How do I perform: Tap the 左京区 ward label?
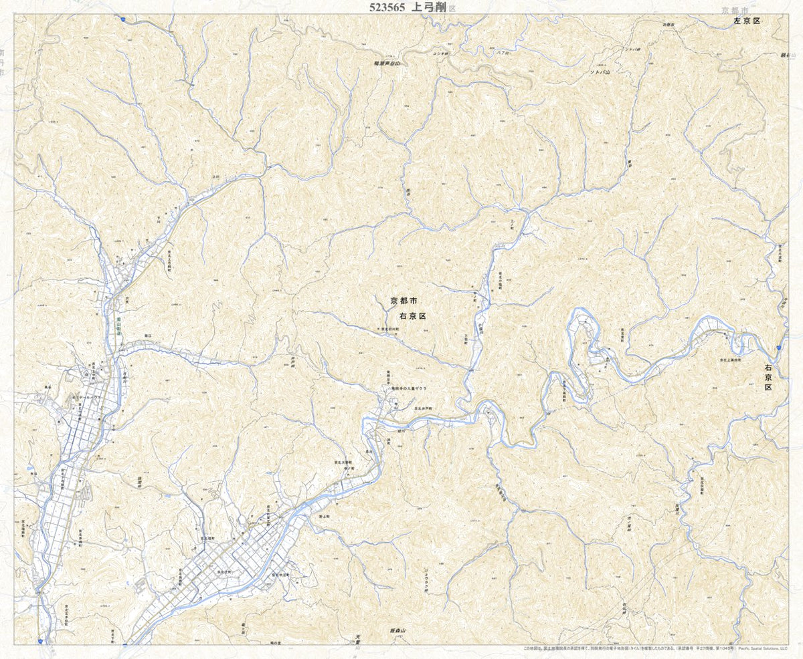click(747, 21)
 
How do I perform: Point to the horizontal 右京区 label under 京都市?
click(412, 315)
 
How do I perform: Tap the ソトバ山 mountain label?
click(600, 72)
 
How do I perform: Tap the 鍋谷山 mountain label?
click(785, 55)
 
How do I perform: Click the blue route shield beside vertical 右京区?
click(778, 348)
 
